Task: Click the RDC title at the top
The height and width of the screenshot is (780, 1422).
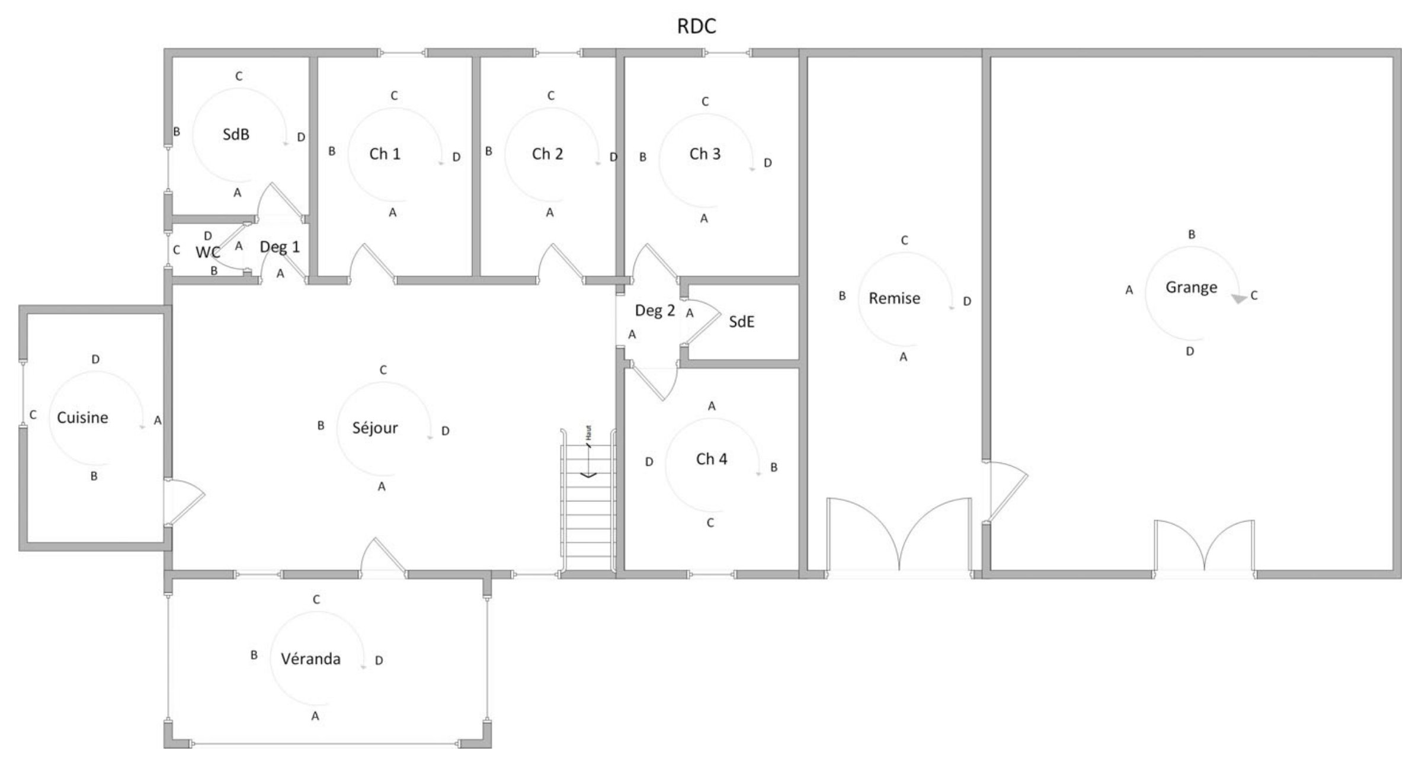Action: point(696,26)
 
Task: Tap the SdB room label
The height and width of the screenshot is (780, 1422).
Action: point(236,135)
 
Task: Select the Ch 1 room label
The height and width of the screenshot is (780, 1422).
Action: point(385,154)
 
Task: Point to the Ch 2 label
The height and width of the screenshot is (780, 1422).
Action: point(547,154)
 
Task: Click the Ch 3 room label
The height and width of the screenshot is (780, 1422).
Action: point(704,154)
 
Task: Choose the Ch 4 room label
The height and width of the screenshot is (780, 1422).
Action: point(711,459)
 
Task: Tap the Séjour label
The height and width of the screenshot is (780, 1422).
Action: point(375,428)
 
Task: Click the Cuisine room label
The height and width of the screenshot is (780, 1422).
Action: point(82,417)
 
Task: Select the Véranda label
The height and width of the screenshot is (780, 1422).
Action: point(310,658)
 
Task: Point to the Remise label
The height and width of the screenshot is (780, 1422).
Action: point(894,298)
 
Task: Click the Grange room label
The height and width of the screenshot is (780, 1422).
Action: point(1191,288)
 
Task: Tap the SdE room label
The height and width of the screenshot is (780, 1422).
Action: point(741,322)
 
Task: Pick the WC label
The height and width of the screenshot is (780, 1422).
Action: point(207,252)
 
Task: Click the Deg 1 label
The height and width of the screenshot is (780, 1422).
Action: point(280,248)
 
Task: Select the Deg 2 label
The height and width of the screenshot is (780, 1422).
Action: point(655,311)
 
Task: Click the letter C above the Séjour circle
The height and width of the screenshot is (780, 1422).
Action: point(383,370)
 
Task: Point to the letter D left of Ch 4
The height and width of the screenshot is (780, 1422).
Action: point(649,462)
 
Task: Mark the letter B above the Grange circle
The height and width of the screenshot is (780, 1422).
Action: point(1192,235)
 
